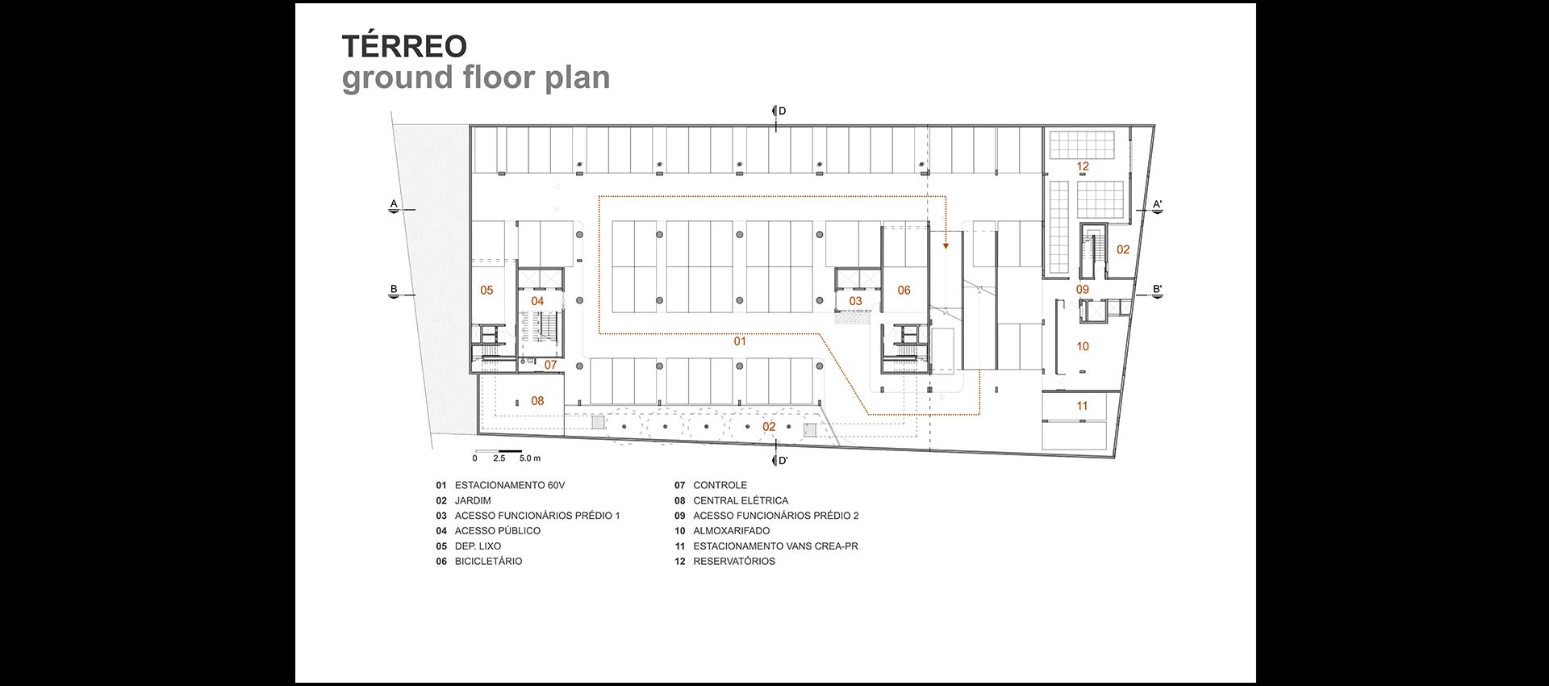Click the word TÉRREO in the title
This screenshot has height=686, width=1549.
404,47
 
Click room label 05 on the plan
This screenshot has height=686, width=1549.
486,291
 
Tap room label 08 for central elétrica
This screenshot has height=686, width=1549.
537,401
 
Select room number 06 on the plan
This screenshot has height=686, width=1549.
904,291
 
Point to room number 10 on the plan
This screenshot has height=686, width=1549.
1083,346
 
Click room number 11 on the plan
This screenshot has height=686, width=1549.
1083,406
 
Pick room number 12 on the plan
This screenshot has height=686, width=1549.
1083,166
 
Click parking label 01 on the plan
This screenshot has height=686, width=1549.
740,341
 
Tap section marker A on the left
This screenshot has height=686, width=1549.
394,203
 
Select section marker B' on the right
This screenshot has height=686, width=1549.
1157,290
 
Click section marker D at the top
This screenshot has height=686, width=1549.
781,111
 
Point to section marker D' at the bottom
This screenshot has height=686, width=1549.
782,461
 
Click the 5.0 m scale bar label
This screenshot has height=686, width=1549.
530,458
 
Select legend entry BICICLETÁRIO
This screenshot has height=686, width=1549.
488,561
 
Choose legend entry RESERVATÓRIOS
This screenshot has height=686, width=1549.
733,561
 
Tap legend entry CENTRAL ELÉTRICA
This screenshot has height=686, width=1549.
741,500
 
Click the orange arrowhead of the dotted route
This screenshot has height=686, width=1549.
946,245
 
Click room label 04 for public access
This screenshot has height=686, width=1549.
537,301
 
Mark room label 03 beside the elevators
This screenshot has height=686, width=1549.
855,301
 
